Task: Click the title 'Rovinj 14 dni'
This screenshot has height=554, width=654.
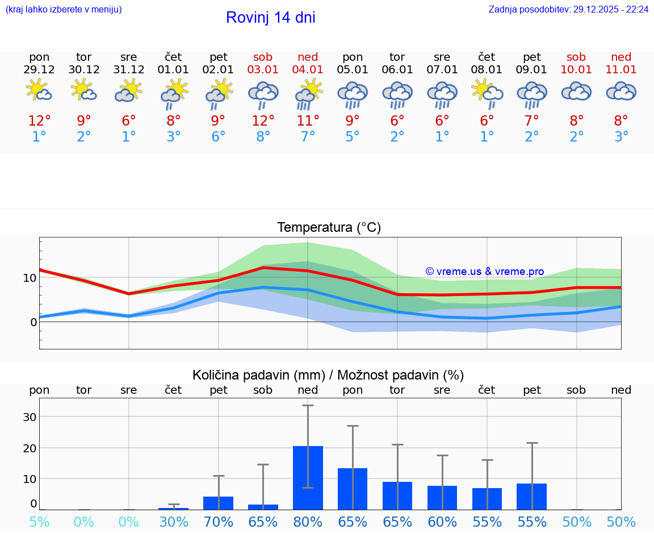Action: click(x=270, y=18)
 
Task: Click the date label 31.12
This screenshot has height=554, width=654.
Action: click(x=129, y=70)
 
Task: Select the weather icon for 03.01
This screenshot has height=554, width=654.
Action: click(x=263, y=94)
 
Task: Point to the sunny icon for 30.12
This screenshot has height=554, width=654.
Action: click(x=84, y=90)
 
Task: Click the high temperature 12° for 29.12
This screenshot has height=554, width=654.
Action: click(x=39, y=121)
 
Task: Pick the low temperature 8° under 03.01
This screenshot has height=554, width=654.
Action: click(x=263, y=137)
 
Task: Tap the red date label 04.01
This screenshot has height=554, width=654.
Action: click(x=308, y=70)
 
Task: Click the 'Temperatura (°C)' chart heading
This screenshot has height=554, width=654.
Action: click(x=329, y=228)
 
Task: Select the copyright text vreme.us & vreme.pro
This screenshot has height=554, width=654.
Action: click(x=485, y=272)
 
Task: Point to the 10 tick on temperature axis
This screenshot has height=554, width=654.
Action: click(x=30, y=278)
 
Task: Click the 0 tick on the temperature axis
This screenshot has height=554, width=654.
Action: click(x=33, y=322)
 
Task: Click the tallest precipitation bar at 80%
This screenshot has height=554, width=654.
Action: click(x=308, y=477)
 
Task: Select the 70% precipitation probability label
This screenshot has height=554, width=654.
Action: click(x=219, y=522)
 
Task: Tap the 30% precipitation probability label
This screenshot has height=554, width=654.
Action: click(x=174, y=522)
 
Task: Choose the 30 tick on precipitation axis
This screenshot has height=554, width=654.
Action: click(x=30, y=417)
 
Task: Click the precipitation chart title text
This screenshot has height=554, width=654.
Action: click(x=328, y=375)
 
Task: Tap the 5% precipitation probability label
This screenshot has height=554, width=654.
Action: click(x=39, y=522)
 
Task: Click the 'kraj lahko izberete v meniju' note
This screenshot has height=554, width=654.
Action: click(x=64, y=10)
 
